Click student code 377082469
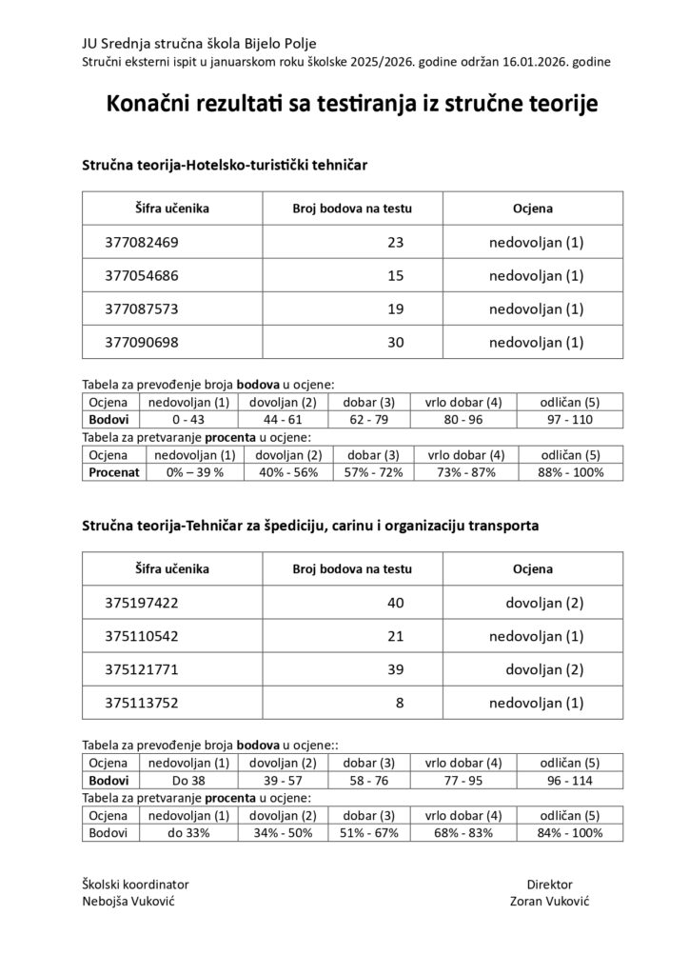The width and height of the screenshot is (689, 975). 141,243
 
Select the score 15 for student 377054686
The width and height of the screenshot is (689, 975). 396,276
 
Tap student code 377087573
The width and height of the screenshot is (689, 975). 141,309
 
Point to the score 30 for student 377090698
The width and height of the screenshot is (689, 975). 396,342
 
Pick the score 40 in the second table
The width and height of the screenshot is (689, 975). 396,603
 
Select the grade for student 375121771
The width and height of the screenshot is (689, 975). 542,670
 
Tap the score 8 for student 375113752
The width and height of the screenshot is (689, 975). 400,705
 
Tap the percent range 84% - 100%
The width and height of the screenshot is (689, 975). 569,832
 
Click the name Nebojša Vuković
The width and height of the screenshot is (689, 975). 128,901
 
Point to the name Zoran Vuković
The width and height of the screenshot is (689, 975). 549,901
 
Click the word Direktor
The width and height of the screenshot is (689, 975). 549,884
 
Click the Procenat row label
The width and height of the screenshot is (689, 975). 113,471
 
